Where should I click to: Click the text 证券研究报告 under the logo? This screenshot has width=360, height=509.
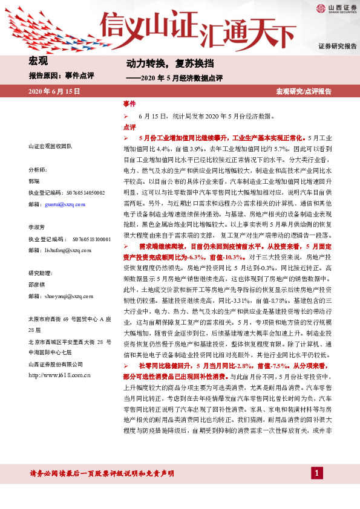[338, 46]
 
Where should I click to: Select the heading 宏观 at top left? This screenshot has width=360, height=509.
[38, 60]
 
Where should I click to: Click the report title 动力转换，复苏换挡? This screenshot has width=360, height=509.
[161, 63]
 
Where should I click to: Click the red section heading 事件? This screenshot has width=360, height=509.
[129, 104]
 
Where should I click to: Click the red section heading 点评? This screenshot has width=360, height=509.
[129, 127]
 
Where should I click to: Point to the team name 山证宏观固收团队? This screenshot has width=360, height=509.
[50, 147]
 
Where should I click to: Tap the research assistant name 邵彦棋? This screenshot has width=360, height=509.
[38, 284]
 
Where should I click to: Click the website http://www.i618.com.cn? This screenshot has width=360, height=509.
[59, 375]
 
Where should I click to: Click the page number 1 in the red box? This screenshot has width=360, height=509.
[316, 473]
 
